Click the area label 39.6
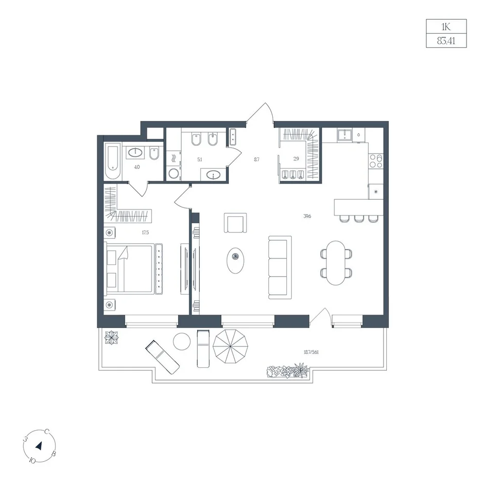click(307, 216)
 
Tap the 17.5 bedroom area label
click(145, 232)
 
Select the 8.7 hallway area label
click(257, 159)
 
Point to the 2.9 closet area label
click(296, 159)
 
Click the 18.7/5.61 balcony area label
click(311, 352)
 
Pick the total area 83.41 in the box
click(446, 41)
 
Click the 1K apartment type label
click(446, 27)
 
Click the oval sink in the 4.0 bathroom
click(136, 152)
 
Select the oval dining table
click(336, 263)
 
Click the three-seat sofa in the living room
click(280, 267)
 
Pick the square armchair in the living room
click(236, 223)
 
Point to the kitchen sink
click(345, 135)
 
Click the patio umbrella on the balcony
click(230, 347)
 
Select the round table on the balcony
click(182, 342)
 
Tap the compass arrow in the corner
click(39, 446)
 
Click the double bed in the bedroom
click(130, 269)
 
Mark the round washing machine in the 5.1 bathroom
click(174, 174)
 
